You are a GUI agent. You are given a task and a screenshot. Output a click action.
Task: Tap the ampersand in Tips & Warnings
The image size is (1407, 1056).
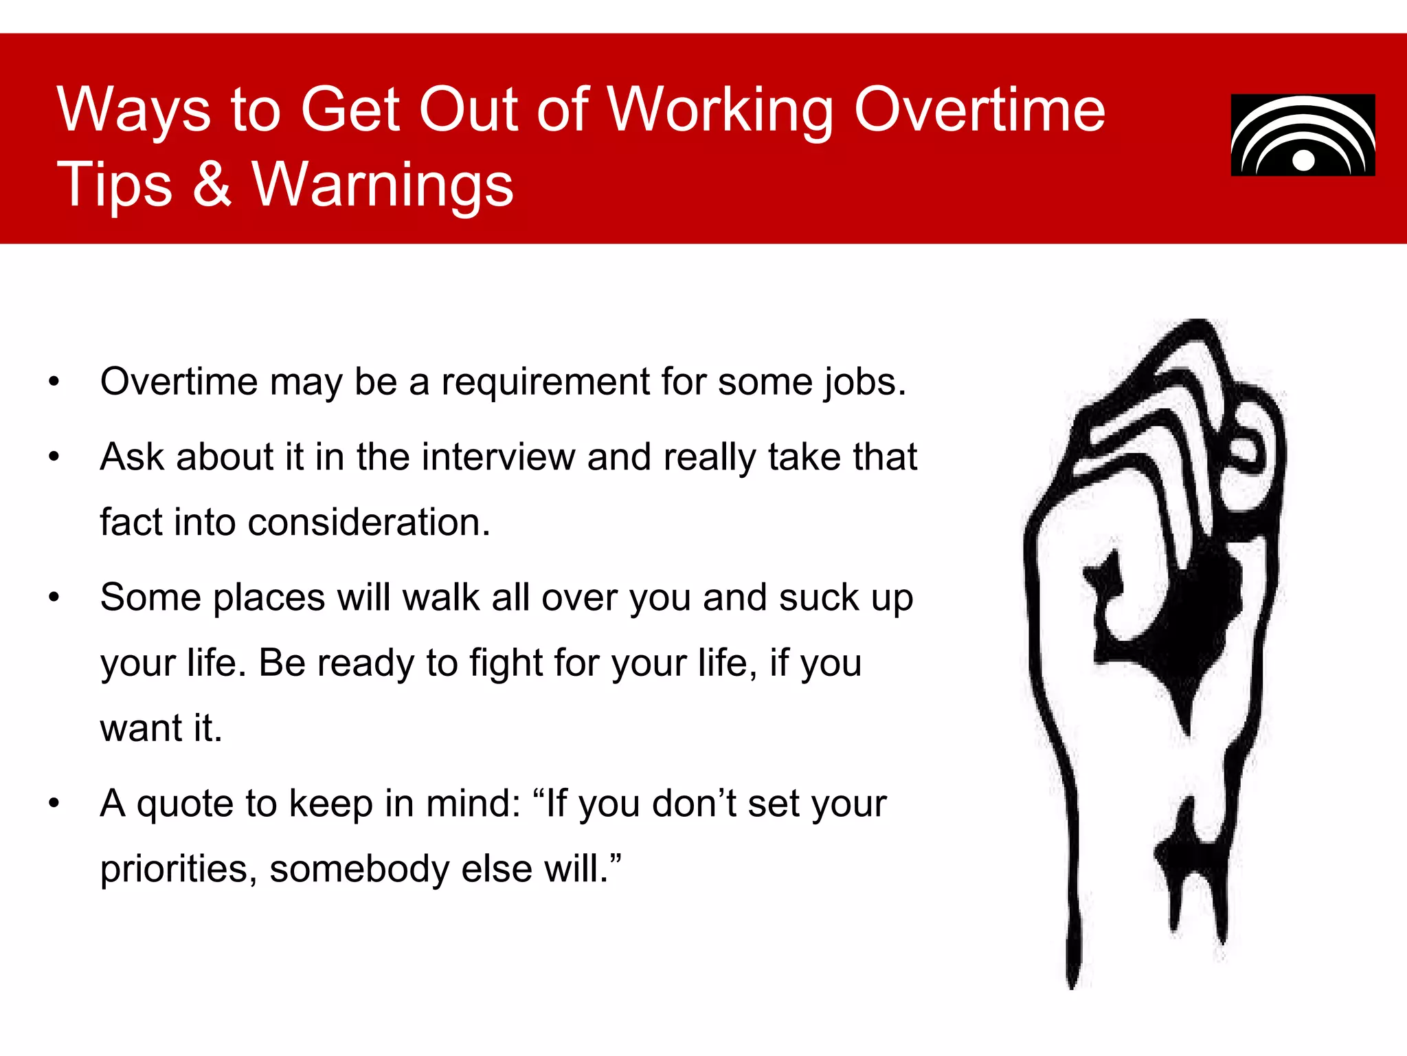pyautogui.click(x=212, y=184)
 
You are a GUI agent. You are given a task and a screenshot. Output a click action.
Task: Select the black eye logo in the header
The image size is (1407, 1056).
pyautogui.click(x=1303, y=135)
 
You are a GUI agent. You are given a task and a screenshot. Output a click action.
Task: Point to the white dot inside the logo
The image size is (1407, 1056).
pyautogui.click(x=1303, y=161)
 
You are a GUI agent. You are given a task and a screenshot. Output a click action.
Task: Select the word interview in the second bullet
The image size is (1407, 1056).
pyautogui.click(x=498, y=457)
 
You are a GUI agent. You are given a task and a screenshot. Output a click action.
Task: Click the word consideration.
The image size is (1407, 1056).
pyautogui.click(x=369, y=522)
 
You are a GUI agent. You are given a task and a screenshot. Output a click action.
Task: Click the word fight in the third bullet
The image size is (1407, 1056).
pyautogui.click(x=506, y=663)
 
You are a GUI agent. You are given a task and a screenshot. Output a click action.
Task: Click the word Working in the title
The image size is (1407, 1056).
pyautogui.click(x=721, y=110)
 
